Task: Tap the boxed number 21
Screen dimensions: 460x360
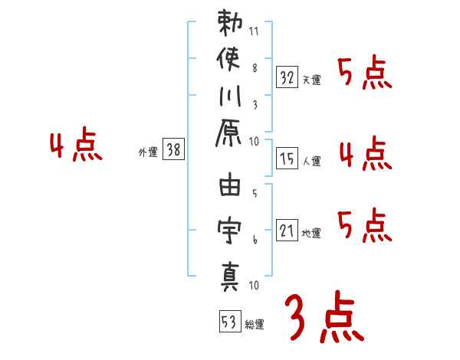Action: pyautogui.click(x=286, y=230)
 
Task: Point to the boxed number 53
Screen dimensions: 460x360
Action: pyautogui.click(x=228, y=321)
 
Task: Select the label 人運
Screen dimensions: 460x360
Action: pyautogui.click(x=312, y=161)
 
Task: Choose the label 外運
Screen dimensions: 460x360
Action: pyautogui.click(x=147, y=152)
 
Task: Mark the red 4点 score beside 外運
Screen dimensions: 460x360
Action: pyautogui.click(x=75, y=146)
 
